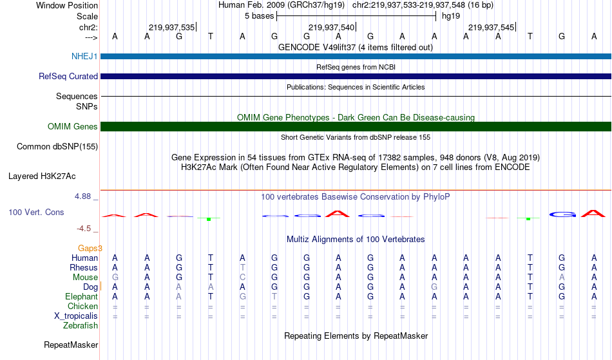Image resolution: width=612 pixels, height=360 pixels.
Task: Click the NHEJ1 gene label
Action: [x=84, y=56]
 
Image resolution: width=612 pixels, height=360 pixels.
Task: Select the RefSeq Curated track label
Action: [x=68, y=76]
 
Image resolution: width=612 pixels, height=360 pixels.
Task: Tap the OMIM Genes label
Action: [x=73, y=126]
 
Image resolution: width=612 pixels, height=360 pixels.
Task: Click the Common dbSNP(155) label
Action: [x=57, y=146]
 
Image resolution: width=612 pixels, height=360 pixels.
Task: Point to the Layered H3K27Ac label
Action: [x=42, y=176]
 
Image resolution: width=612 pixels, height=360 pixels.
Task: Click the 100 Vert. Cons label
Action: [x=36, y=212]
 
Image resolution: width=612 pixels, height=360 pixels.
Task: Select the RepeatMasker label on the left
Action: [x=71, y=345]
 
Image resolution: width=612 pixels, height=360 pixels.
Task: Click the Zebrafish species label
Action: [x=81, y=325]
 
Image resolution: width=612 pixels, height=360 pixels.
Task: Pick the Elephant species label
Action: [x=82, y=296]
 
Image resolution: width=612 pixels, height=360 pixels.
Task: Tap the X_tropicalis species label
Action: [x=76, y=316]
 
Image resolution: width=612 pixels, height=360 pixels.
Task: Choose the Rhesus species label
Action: [x=84, y=267]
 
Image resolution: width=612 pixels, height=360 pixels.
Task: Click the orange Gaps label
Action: [x=90, y=248]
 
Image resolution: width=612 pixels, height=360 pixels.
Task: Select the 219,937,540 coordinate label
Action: [x=331, y=27]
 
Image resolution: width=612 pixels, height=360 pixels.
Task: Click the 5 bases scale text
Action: [x=260, y=16]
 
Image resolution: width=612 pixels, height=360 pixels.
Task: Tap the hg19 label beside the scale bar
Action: [x=451, y=16]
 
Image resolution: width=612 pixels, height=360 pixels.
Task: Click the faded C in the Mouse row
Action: [x=242, y=278]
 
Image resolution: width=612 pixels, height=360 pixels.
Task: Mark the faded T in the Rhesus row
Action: [x=242, y=267]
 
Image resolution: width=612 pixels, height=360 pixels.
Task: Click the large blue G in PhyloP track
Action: [x=562, y=214]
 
